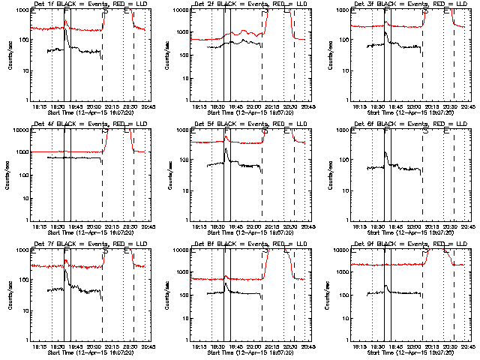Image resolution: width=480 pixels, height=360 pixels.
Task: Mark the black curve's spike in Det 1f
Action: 66,20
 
